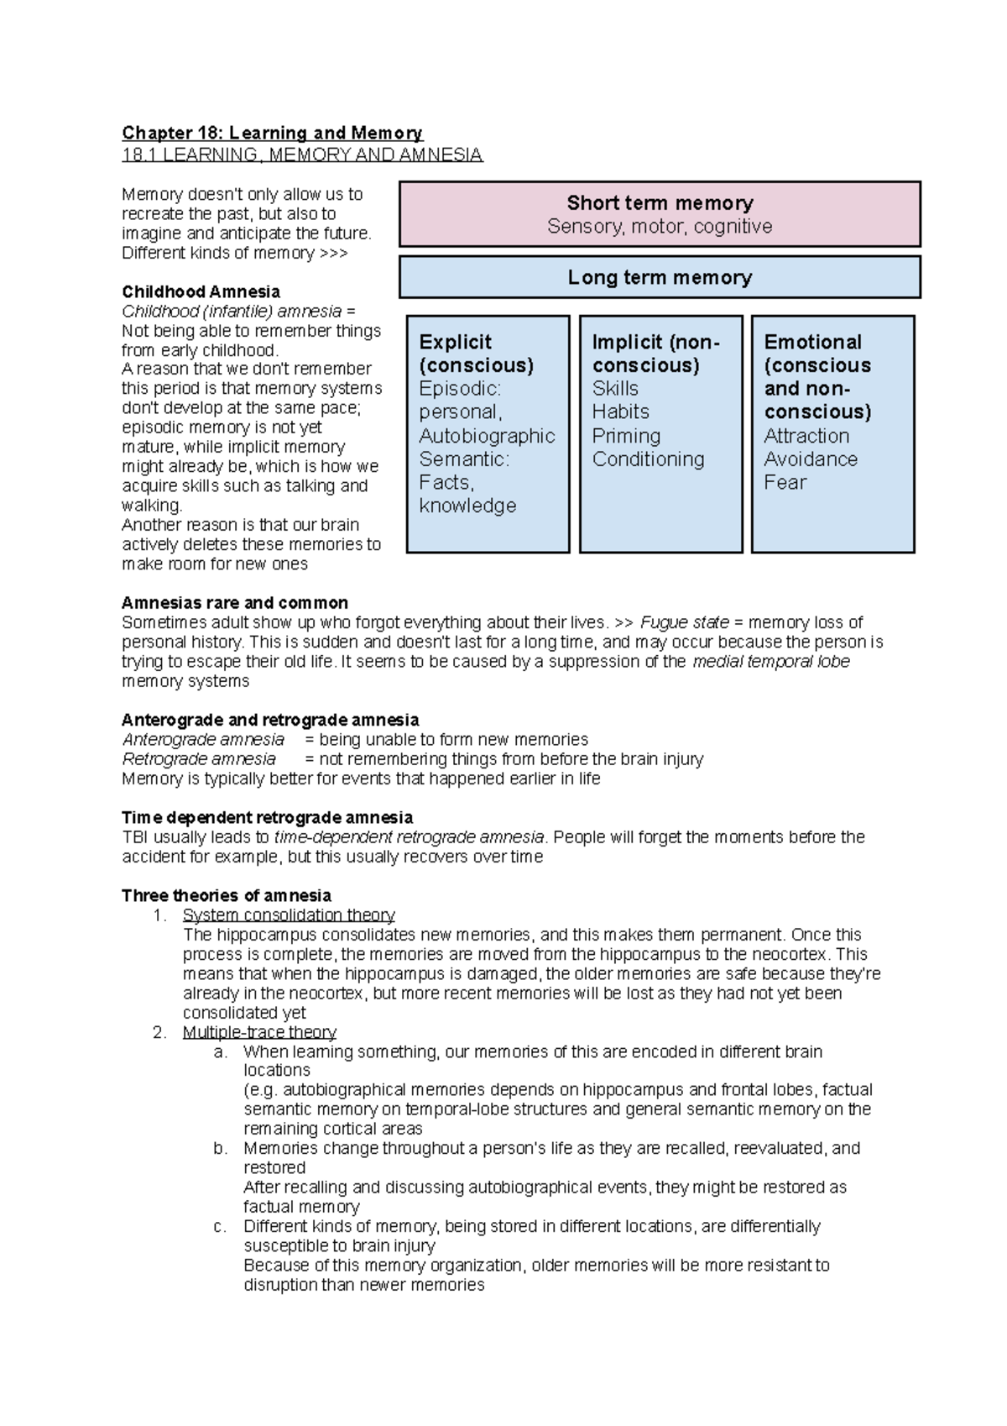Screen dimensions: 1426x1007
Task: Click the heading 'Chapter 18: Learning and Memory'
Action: pyautogui.click(x=272, y=133)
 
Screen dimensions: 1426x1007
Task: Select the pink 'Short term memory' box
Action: pyautogui.click(x=660, y=213)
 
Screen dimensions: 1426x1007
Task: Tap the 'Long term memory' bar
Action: pyautogui.click(x=660, y=277)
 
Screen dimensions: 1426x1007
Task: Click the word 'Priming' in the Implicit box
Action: pyautogui.click(x=626, y=436)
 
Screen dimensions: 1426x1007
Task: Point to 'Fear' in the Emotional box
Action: pyautogui.click(x=785, y=483)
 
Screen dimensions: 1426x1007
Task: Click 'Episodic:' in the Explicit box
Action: pyautogui.click(x=460, y=389)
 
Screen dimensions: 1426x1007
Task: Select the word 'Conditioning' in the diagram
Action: pyautogui.click(x=648, y=459)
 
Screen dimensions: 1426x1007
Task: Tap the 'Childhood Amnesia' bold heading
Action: pyautogui.click(x=201, y=291)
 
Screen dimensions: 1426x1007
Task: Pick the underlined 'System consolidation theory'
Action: pyautogui.click(x=289, y=915)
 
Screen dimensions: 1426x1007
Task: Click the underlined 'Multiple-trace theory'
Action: pyautogui.click(x=259, y=1032)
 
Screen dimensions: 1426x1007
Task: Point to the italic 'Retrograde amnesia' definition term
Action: pyautogui.click(x=199, y=759)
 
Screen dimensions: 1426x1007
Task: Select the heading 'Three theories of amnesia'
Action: pyautogui.click(x=227, y=895)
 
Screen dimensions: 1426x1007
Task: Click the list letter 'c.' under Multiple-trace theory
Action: pyautogui.click(x=220, y=1226)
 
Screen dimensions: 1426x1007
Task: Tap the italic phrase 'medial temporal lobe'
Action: pyautogui.click(x=770, y=662)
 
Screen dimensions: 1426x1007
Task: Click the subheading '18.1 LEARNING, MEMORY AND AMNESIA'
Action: pyautogui.click(x=302, y=155)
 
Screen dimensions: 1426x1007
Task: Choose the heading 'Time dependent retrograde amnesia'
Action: pyautogui.click(x=267, y=817)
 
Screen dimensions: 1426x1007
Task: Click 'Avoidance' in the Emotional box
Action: pyautogui.click(x=811, y=459)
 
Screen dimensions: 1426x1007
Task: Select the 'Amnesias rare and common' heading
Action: pyautogui.click(x=234, y=603)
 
